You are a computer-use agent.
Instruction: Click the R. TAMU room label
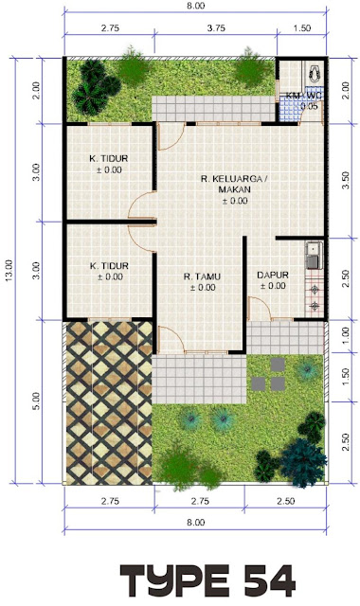tap(202, 276)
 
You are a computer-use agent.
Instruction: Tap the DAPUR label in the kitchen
tap(273, 276)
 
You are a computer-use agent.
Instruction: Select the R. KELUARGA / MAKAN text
tap(234, 184)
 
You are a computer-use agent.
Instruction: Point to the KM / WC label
tap(304, 96)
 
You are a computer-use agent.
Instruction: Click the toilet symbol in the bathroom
tap(315, 74)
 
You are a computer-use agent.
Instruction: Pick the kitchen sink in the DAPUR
tap(314, 255)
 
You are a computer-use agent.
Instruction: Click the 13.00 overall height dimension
tap(9, 270)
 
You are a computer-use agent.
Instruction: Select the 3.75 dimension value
tap(216, 28)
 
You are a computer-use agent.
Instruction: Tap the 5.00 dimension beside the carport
tap(36, 401)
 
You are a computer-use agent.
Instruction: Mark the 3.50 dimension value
tap(346, 180)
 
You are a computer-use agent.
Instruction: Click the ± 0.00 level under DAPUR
tap(273, 286)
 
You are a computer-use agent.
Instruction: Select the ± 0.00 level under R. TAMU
tap(203, 288)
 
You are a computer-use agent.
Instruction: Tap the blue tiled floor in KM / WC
tap(289, 110)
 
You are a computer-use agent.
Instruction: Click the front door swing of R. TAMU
tap(171, 339)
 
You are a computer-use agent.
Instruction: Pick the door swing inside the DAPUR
tap(260, 308)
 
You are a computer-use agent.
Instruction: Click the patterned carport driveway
tap(109, 402)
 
